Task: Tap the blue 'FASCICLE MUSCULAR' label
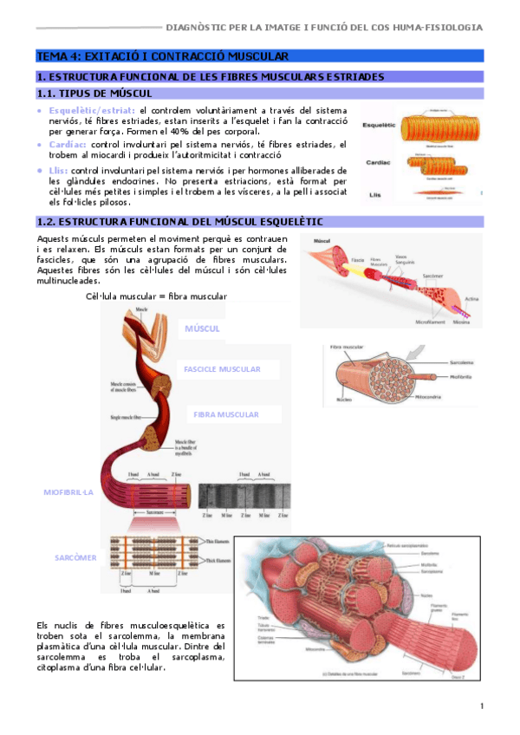coord(222,369)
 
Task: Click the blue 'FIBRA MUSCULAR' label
coord(225,414)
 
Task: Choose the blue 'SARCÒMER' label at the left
coord(75,557)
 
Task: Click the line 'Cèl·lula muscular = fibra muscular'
coord(157,296)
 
